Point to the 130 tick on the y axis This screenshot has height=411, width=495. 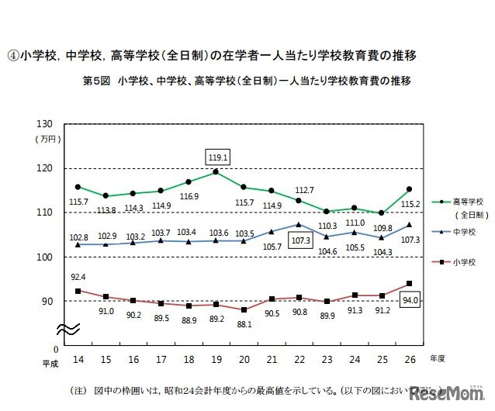pos(44,125)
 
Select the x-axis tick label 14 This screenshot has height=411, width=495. pos(78,359)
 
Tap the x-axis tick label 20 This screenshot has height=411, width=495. pos(243,359)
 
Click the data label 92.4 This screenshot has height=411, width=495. pos(78,276)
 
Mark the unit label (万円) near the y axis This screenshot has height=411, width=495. pos(45,139)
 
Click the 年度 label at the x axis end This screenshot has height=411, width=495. pos(437,358)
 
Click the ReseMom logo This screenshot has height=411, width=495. pos(451,393)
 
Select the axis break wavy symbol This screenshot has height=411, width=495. pos(67,329)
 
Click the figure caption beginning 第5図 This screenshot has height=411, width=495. pos(246,80)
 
